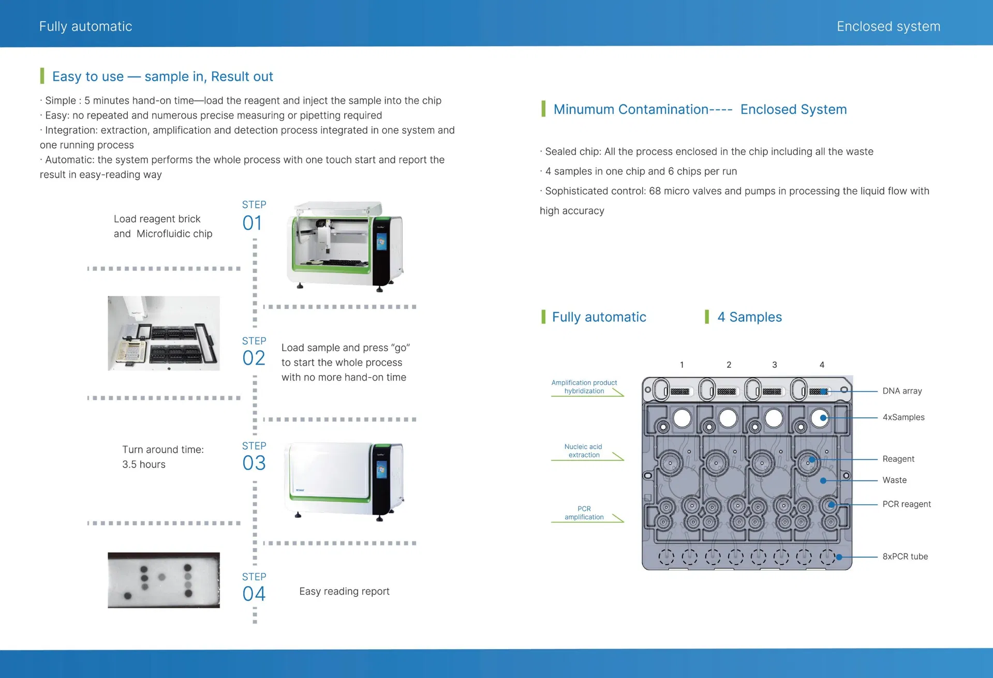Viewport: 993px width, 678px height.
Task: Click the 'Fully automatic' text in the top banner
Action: [85, 26]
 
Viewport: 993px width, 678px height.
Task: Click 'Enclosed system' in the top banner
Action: [888, 26]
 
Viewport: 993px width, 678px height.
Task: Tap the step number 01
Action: [253, 223]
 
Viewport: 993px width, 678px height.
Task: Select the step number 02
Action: [254, 358]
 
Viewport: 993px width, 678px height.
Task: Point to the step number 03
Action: [254, 463]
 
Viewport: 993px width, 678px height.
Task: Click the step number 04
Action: [254, 594]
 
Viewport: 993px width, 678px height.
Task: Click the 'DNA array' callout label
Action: [902, 391]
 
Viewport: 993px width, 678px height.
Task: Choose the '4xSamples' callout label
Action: [903, 417]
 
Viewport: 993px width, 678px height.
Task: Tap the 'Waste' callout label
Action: [894, 480]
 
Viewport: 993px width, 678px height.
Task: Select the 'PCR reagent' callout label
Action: [906, 504]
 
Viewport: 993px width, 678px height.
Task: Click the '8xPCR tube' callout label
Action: [905, 556]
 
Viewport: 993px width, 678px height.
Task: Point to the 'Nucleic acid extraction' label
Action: [583, 450]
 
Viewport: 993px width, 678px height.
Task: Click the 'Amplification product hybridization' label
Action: [584, 387]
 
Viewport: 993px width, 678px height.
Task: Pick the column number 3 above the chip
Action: [774, 365]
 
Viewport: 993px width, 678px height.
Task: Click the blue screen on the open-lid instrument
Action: [381, 242]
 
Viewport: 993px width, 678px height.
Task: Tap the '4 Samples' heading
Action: [749, 317]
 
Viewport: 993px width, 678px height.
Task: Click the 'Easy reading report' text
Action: [344, 591]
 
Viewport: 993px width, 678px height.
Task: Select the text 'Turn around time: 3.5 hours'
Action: [162, 457]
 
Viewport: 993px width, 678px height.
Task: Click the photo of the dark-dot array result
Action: [164, 580]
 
